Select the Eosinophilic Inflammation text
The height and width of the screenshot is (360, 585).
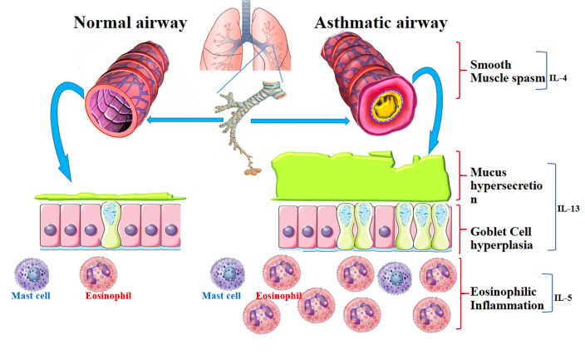[x=505, y=298]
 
